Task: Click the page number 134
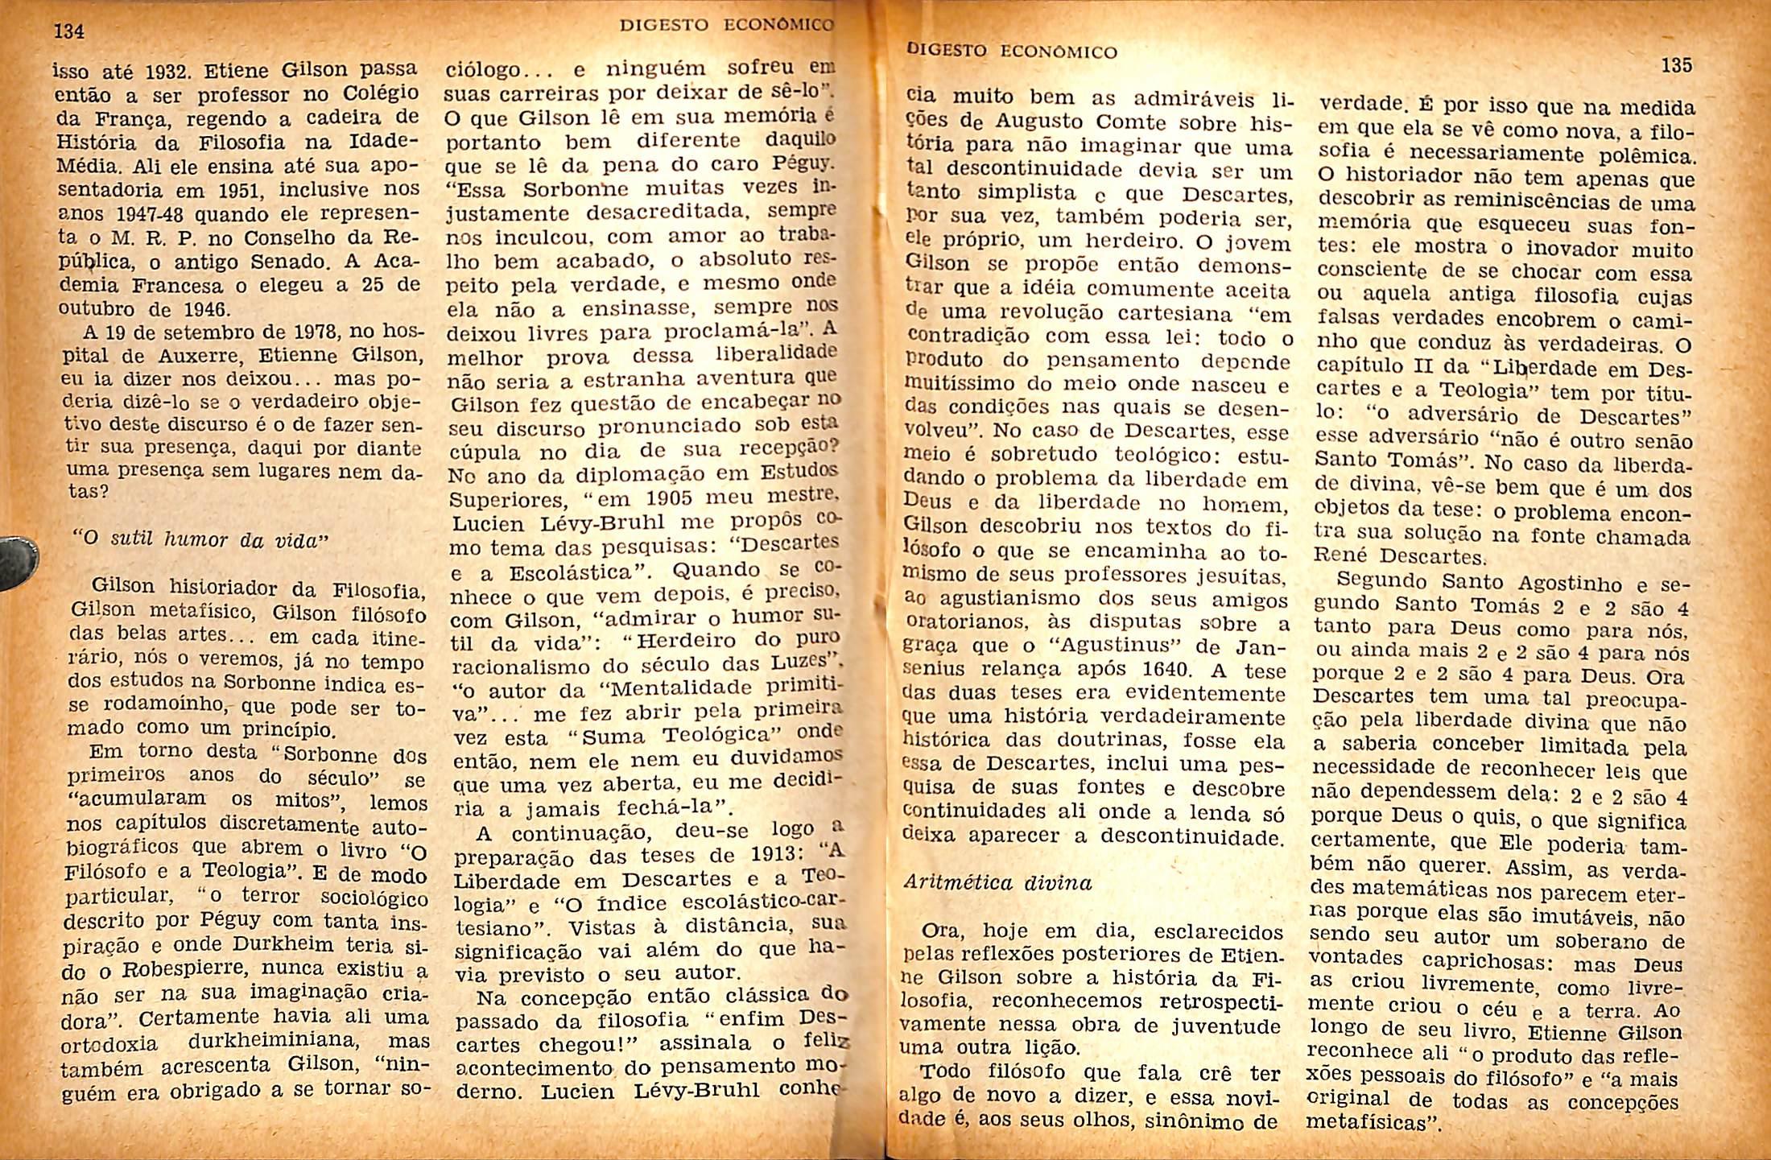(x=69, y=32)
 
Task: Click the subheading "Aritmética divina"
(x=997, y=882)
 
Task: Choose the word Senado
(x=291, y=262)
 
